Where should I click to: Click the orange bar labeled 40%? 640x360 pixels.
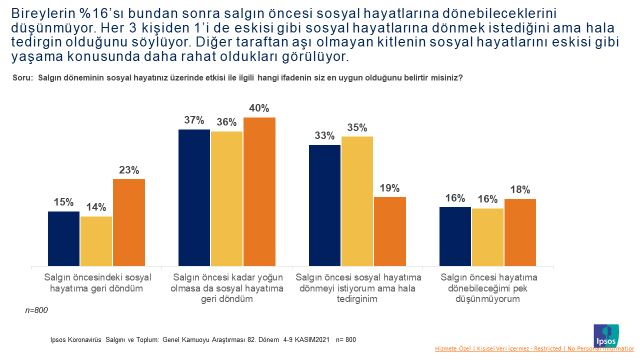259,190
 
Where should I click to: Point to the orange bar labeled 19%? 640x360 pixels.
389,229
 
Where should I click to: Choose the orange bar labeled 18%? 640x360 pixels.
520,231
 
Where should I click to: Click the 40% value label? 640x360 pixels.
259,108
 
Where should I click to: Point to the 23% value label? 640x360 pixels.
129,169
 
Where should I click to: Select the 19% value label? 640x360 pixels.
389,187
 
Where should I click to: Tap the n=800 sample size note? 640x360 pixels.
37,311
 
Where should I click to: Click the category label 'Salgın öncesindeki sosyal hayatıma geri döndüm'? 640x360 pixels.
96,281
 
